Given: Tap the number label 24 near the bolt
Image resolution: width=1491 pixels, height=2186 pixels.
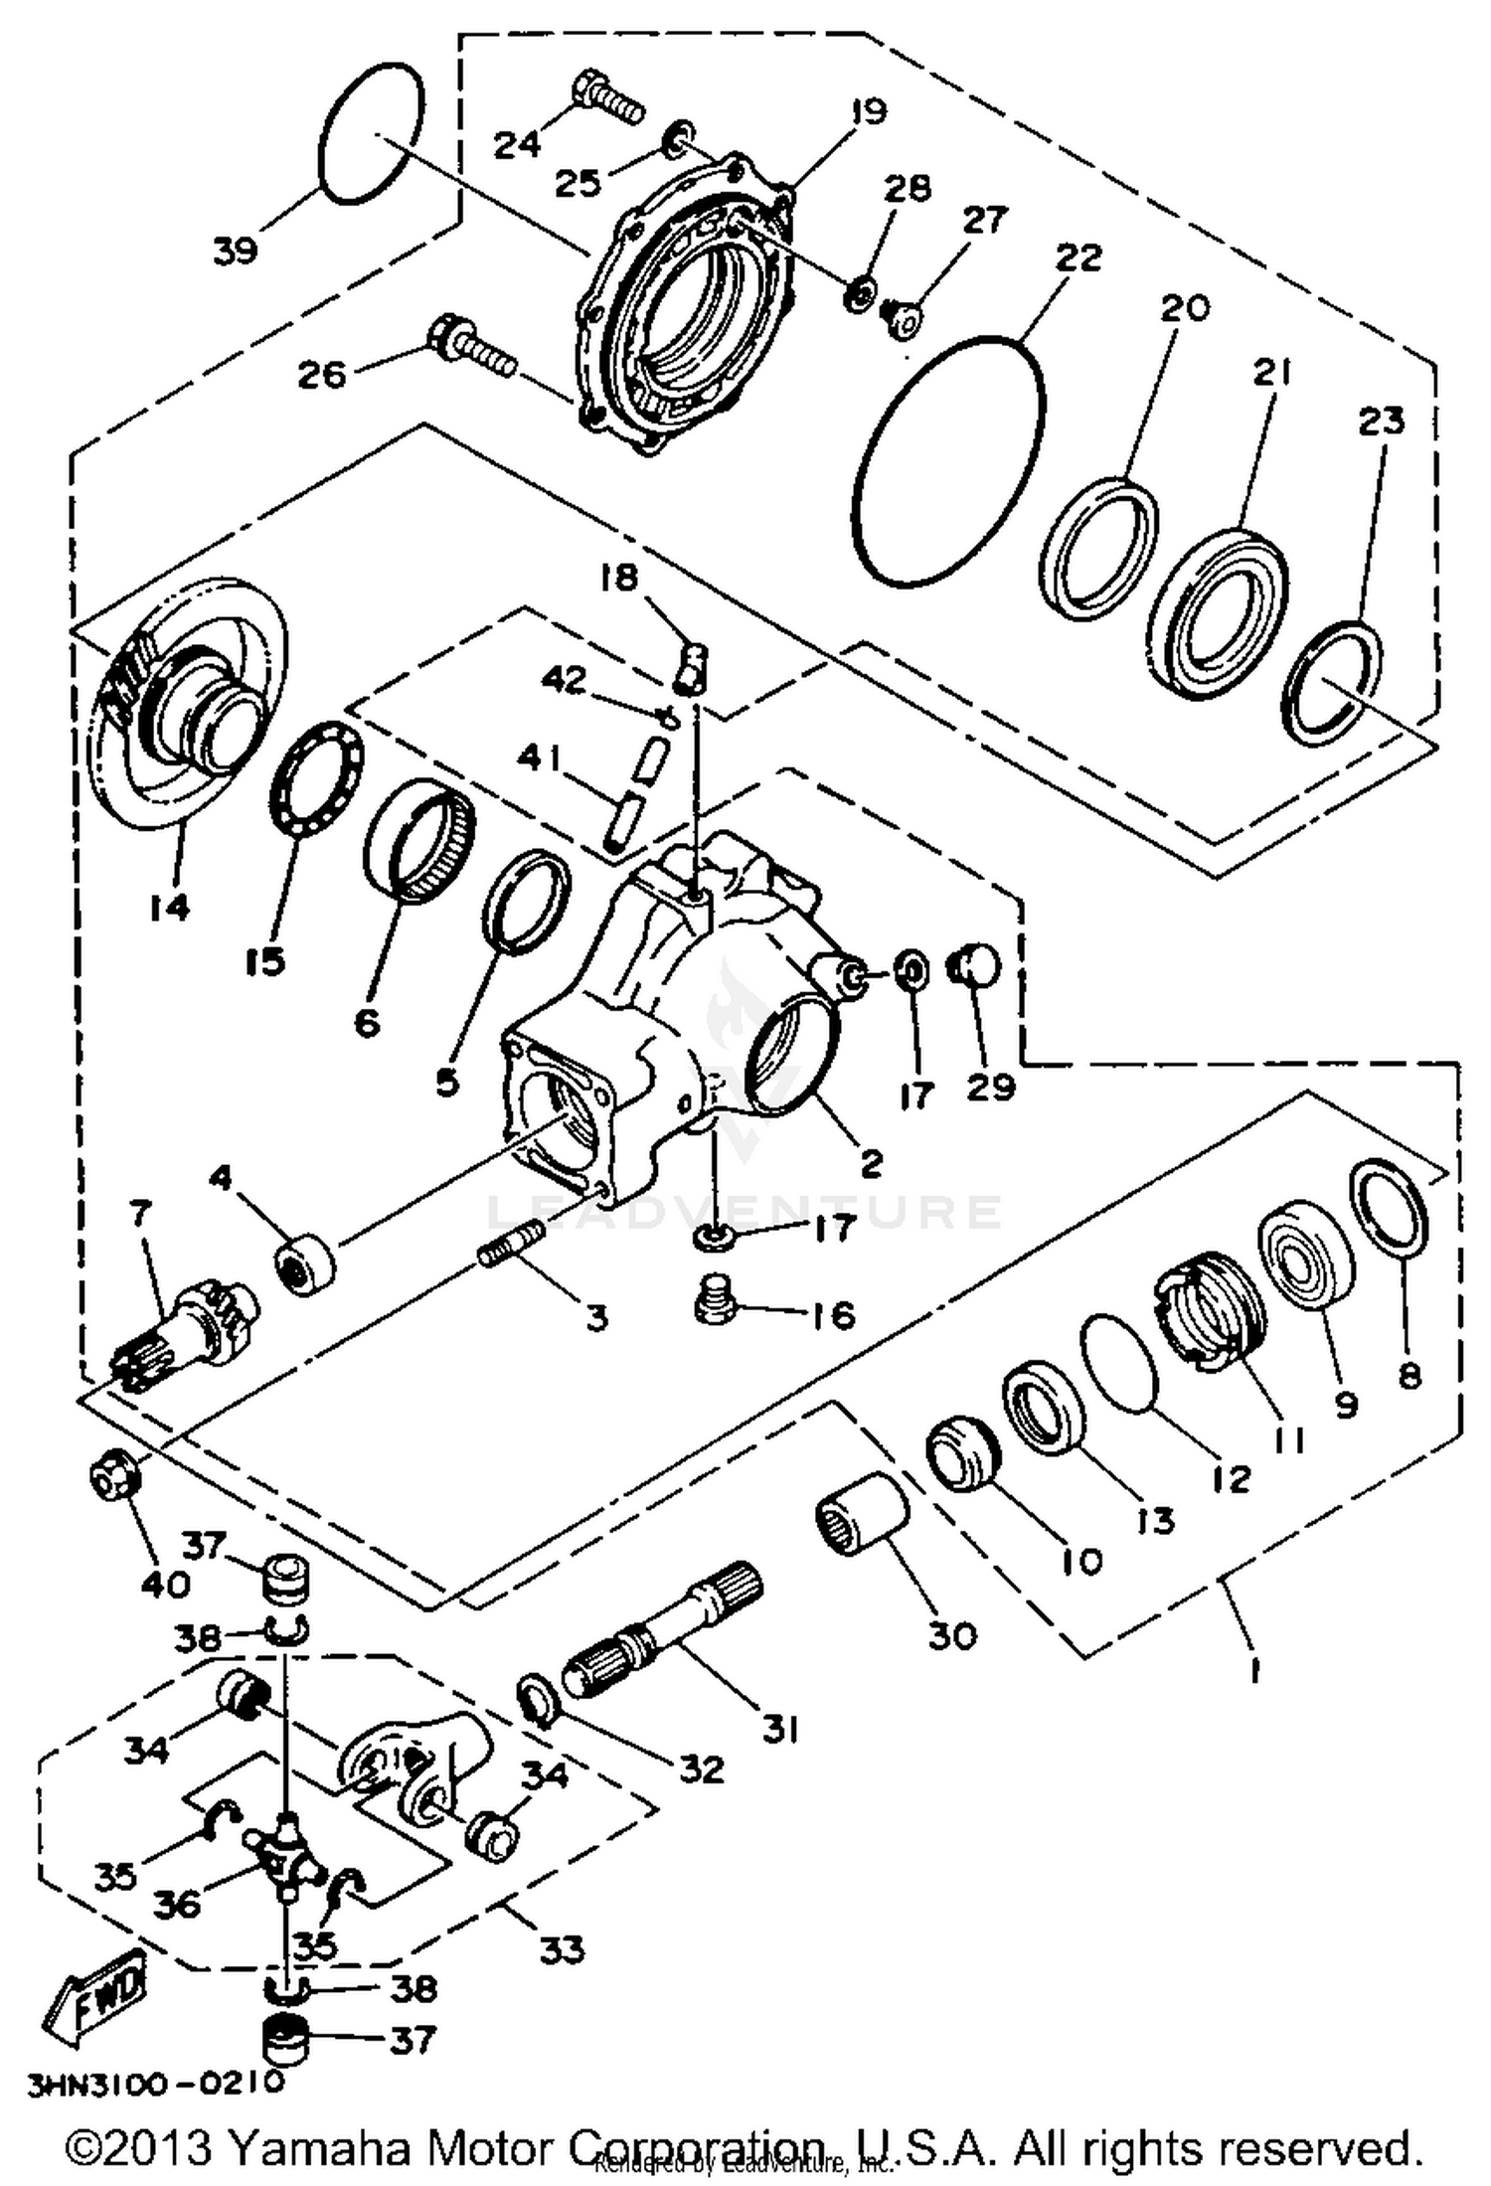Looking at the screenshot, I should point(518,144).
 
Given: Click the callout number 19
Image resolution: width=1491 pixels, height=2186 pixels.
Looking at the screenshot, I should point(868,111).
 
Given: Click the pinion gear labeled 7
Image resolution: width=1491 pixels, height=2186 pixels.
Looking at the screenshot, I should point(185,1331).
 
